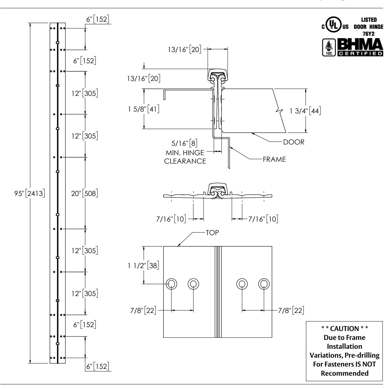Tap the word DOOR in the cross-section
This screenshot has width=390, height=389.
(x=294, y=142)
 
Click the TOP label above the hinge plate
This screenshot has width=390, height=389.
(x=212, y=233)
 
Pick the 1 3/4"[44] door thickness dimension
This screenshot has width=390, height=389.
(x=305, y=111)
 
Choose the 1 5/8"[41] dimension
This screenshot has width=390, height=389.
(x=144, y=109)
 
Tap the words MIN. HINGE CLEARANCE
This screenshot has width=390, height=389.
(x=185, y=157)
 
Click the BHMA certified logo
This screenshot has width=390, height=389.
(x=360, y=48)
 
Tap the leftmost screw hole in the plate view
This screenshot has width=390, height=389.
(x=171, y=284)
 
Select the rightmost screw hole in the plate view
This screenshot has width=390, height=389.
(x=264, y=284)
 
